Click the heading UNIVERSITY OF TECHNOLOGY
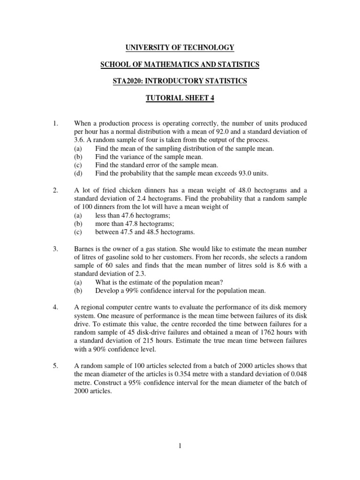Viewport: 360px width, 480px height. click(x=180, y=47)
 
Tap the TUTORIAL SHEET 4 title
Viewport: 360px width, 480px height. click(x=180, y=98)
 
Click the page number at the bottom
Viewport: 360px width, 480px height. click(x=180, y=446)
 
